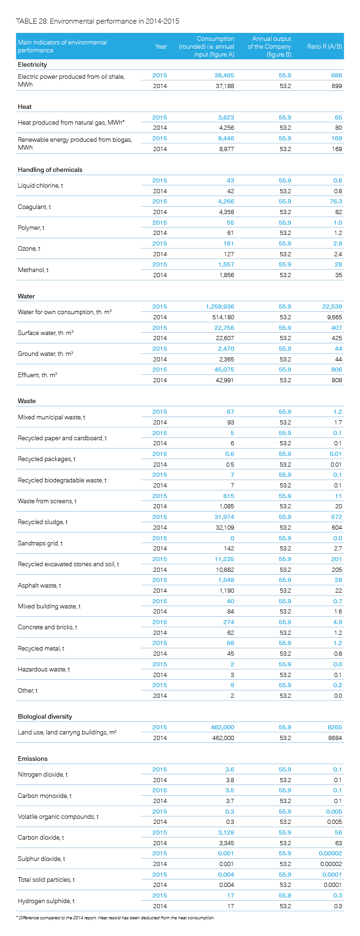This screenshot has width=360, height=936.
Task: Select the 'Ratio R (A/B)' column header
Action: (x=325, y=46)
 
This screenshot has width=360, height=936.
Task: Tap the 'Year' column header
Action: (x=161, y=46)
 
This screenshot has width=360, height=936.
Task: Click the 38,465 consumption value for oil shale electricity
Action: (x=224, y=75)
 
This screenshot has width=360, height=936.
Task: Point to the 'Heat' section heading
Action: (x=25, y=107)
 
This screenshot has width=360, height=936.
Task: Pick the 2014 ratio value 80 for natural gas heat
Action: (x=338, y=127)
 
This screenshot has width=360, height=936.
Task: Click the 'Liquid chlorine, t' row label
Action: (x=40, y=185)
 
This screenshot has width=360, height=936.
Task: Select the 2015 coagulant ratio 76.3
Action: (x=335, y=202)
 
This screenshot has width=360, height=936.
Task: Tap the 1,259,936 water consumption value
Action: (x=220, y=307)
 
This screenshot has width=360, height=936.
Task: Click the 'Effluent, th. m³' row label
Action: (x=37, y=375)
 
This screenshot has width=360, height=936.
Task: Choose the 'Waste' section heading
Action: (x=26, y=401)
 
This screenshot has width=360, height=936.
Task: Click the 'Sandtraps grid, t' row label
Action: (x=40, y=543)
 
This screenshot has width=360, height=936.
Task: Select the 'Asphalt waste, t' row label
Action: (x=39, y=585)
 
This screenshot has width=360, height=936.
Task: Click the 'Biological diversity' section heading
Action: (x=45, y=716)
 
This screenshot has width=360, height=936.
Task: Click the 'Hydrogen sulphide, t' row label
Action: (x=46, y=901)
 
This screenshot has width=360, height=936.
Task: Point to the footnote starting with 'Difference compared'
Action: (x=115, y=917)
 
